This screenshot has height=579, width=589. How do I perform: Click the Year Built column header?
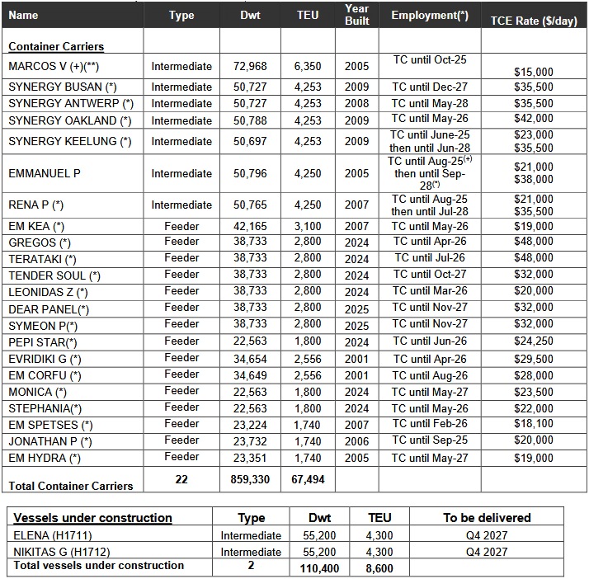point(356,15)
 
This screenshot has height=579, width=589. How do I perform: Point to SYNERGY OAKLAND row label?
point(69,120)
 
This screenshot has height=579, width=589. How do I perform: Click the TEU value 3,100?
point(308,225)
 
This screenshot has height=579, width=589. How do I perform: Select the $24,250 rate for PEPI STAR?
point(533,341)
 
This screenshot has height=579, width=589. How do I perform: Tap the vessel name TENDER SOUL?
point(54,275)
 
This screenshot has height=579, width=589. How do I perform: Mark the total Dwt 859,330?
point(244,479)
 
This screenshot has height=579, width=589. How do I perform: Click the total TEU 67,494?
point(308,479)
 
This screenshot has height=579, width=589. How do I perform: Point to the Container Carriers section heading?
point(56,46)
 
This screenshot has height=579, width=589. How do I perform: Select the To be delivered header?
point(487,518)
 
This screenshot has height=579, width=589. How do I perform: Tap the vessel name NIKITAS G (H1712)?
point(61,552)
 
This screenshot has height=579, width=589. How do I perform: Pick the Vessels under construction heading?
point(92,518)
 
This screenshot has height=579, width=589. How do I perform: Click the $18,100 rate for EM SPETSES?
point(533,423)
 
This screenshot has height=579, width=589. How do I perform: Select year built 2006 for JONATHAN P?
point(356,441)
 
